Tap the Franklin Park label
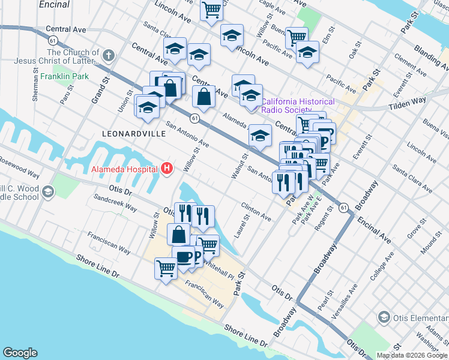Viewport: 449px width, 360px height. pos(65,76)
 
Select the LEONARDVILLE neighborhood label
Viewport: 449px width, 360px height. pos(133,133)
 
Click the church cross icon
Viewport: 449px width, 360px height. pos(108,56)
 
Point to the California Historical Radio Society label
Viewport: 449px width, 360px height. pos(298,106)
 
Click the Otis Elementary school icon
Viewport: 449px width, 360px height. pos(384,317)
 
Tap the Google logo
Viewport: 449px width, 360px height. pos(20,353)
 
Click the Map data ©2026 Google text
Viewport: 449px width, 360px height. pos(411,355)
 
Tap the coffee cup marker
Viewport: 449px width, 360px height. pos(184,257)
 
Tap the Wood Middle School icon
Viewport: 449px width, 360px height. pos(47,192)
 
